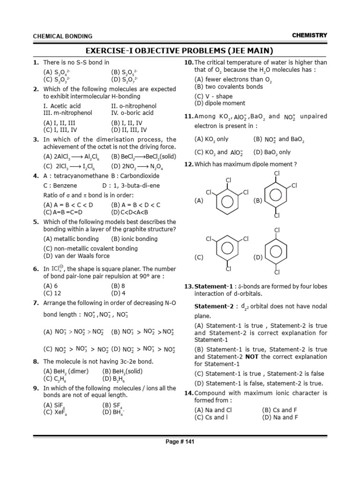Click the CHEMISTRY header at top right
pos(309,35)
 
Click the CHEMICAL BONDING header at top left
pos(62,36)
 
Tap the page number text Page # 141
pos(180,442)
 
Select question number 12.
pos(189,164)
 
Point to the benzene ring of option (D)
pos(277,251)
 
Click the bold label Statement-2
pos(213,306)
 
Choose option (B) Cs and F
pos(279,410)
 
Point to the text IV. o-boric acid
pos(132,112)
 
